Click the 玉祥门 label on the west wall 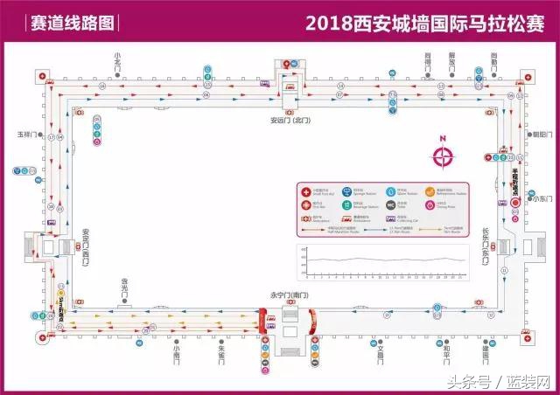pyautogui.click(x=24, y=135)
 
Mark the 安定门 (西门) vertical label pyautogui.click(x=86, y=247)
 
